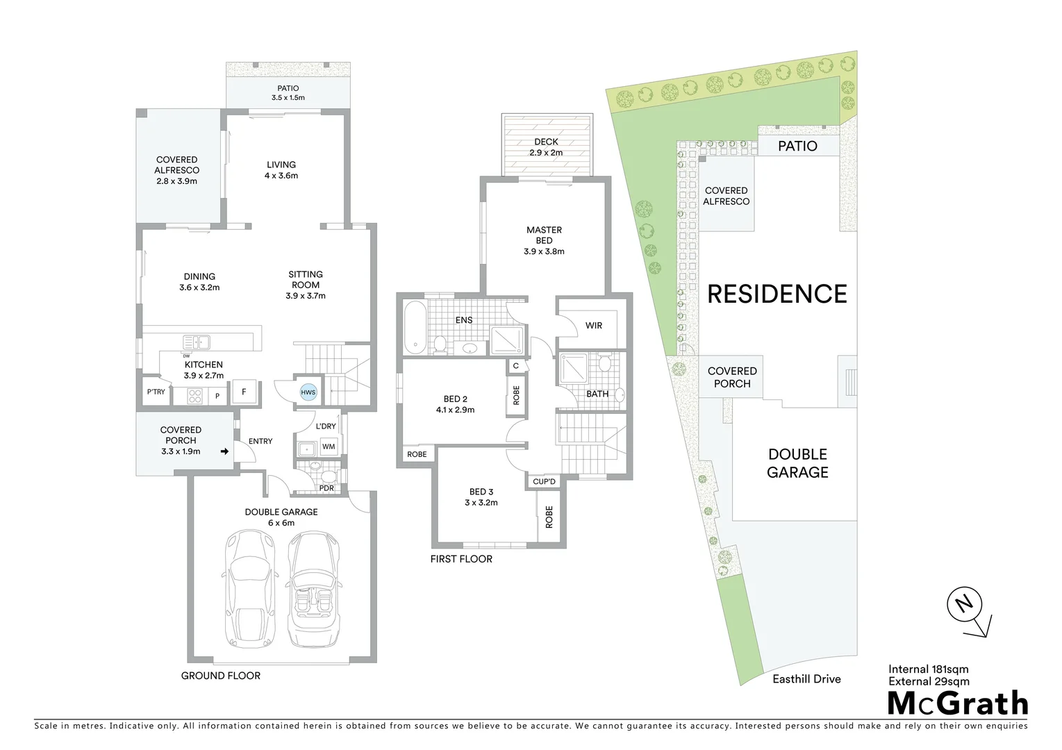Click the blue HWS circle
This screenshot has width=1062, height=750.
point(308,392)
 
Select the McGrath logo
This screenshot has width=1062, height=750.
point(958,703)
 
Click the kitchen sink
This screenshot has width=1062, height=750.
point(197,342)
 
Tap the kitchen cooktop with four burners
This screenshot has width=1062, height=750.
point(195,396)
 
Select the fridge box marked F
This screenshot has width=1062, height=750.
point(244,392)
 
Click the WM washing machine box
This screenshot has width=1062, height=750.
point(329,447)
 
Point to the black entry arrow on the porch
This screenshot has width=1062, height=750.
point(224,451)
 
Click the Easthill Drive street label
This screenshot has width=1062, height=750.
point(806,679)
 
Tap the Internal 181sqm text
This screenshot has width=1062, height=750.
point(928,669)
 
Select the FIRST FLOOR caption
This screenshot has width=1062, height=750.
point(461,559)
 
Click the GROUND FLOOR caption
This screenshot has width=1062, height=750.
point(221,676)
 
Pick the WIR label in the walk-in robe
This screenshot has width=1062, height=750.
point(594,326)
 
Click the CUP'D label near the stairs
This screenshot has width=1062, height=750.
point(544,482)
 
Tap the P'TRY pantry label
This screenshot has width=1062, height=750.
point(156,392)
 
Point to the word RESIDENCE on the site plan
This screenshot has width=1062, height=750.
point(777,294)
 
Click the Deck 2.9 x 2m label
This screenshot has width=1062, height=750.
point(546,147)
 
